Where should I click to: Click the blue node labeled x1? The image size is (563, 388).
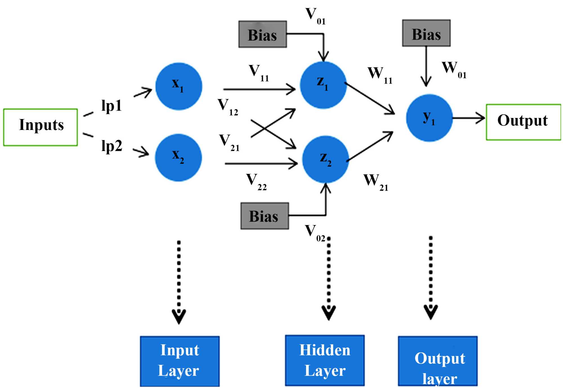point(179,86)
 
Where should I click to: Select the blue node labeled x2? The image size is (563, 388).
point(178,158)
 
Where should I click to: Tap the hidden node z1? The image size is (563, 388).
point(323,85)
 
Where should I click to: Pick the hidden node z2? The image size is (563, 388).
point(325,159)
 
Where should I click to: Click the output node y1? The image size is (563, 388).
point(429,118)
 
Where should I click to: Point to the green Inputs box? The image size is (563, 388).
point(41,127)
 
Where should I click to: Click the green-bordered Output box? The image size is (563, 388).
point(523,122)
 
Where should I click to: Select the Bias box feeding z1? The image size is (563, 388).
point(262,34)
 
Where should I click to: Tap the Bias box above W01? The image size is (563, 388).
point(426,33)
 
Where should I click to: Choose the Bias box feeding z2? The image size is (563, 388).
point(265,216)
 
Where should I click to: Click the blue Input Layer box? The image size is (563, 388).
point(180,361)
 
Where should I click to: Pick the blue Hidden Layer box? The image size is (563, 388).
point(325,360)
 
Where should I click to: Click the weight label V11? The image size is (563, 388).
point(258,73)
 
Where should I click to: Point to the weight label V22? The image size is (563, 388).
point(256,181)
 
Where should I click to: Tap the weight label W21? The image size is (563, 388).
point(376,182)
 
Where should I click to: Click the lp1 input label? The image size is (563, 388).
point(111,106)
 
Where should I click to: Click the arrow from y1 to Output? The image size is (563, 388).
point(469,118)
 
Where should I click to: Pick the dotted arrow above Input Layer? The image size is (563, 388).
point(179,281)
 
